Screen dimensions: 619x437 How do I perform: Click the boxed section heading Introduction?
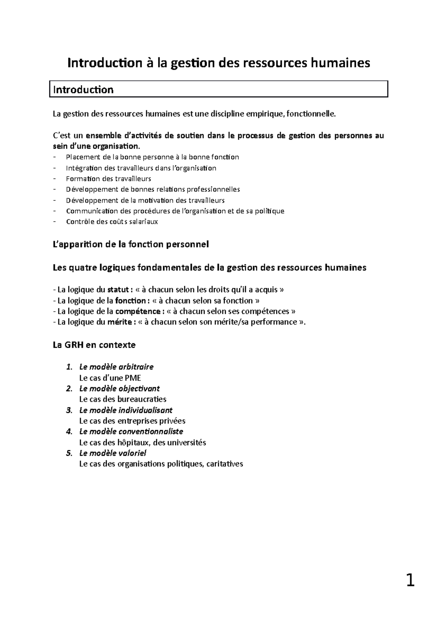[83, 90]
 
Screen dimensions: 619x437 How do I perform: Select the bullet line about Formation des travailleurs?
[108, 179]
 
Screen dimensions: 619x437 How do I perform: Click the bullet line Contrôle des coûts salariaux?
[112, 222]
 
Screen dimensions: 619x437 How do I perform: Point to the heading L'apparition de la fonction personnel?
[131, 244]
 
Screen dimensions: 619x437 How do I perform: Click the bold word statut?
[118, 290]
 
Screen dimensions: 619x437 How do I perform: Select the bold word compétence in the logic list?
[138, 311]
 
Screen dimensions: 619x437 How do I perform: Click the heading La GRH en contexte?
[94, 345]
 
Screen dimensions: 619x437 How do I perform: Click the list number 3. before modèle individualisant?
[69, 410]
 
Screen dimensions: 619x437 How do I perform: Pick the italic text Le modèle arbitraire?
[116, 367]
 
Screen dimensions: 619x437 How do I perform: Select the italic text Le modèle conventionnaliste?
[131, 432]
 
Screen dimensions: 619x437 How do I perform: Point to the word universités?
[186, 443]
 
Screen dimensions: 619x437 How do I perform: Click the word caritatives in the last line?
[224, 464]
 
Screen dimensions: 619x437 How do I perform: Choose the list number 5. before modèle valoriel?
[69, 453]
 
